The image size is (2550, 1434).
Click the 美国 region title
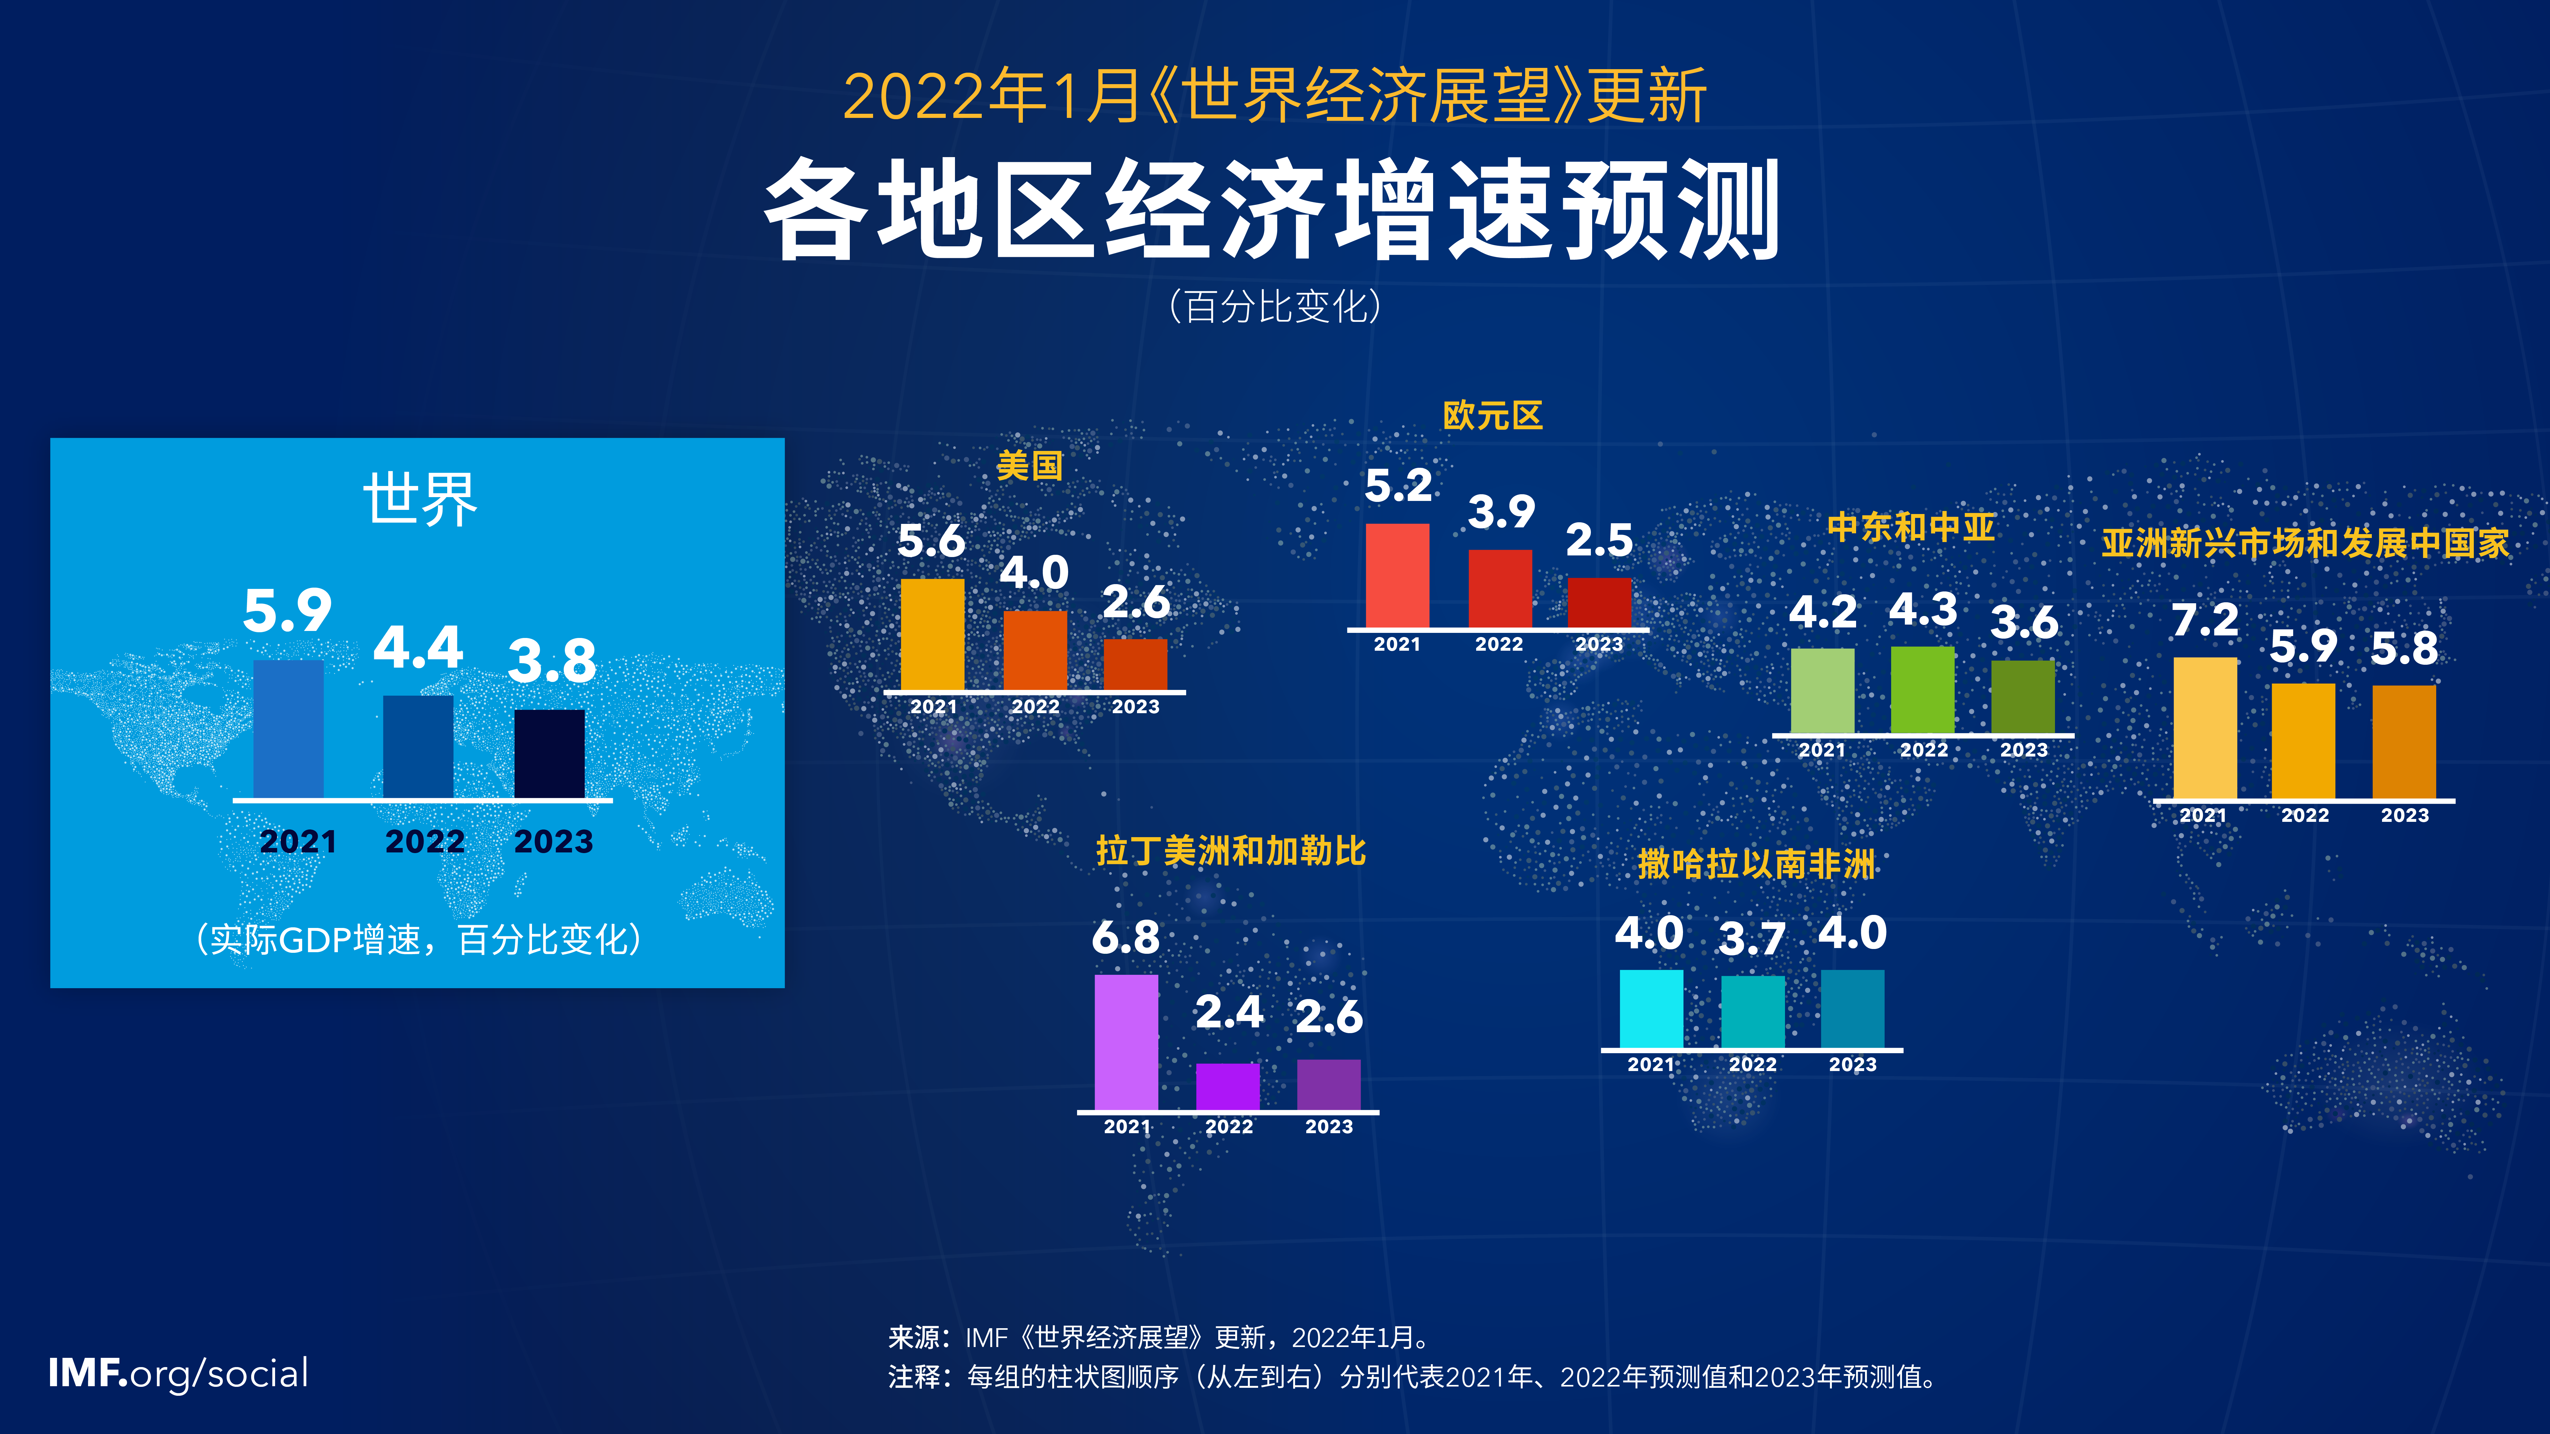(1030, 465)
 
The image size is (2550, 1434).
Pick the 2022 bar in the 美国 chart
(1034, 650)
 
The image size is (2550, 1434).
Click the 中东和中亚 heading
(1911, 526)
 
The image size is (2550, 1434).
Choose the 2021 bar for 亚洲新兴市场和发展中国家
(2204, 728)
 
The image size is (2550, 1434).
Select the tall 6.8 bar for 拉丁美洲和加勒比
(1126, 1042)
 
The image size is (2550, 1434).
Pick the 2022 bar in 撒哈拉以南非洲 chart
(1752, 1011)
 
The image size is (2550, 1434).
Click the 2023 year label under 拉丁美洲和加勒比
(1329, 1126)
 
